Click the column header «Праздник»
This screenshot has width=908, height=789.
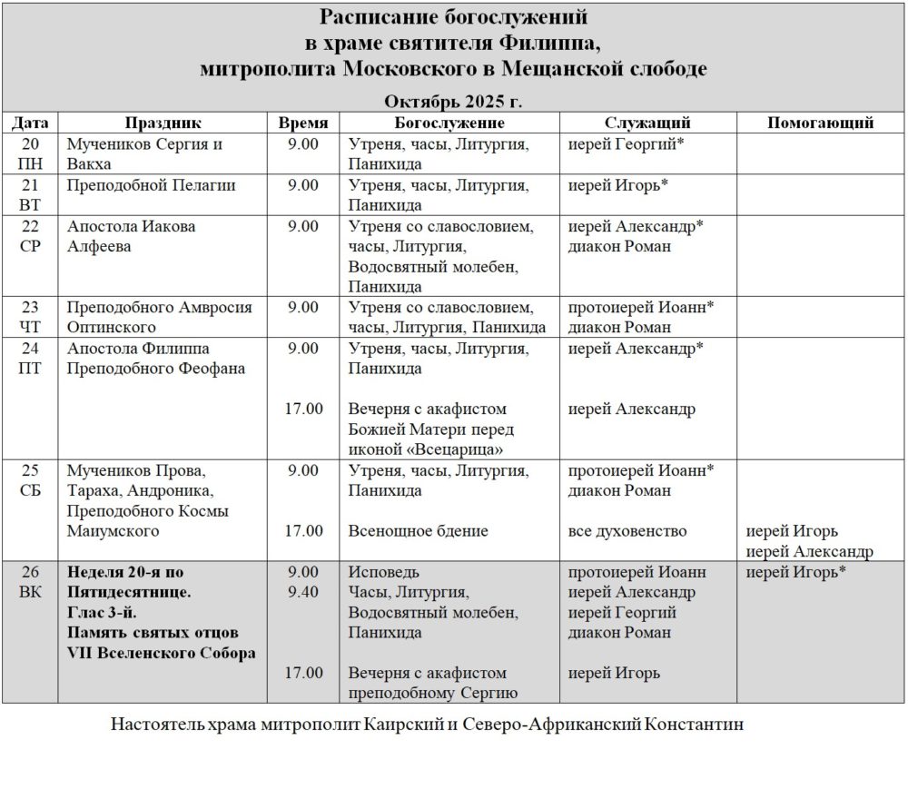[x=163, y=123]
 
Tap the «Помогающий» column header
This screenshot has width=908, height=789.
[x=820, y=123]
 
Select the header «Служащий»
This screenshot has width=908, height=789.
[x=647, y=123]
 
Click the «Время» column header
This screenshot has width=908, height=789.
[x=302, y=123]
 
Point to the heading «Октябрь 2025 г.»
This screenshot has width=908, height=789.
[x=453, y=100]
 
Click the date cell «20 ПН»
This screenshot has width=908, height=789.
[x=30, y=154]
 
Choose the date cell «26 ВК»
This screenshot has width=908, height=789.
[x=30, y=582]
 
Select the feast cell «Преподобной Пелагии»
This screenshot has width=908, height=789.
[x=152, y=185]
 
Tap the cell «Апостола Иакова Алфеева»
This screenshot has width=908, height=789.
[x=132, y=236]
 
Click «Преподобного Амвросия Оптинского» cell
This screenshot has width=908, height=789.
[x=160, y=317]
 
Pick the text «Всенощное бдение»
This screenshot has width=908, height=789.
[x=418, y=531]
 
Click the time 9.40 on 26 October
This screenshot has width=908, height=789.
[x=302, y=593]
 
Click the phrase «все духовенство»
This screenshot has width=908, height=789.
[x=627, y=531]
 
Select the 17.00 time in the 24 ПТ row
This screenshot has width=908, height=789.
[x=303, y=409]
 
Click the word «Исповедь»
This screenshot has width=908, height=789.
[x=384, y=573]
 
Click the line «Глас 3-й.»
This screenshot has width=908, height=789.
[x=101, y=613]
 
